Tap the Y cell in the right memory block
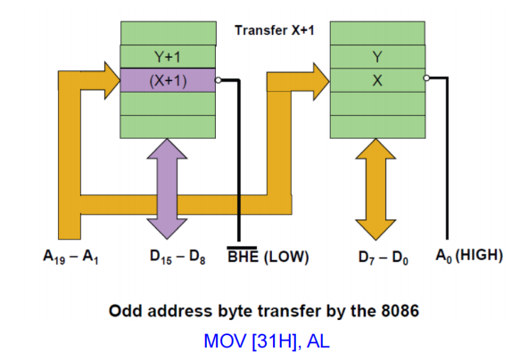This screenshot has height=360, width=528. pos(377,56)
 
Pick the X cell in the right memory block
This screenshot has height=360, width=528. pos(377,79)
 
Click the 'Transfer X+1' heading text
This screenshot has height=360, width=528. pos(274,30)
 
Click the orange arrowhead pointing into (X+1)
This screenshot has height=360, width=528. pos(107,80)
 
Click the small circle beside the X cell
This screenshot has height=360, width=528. pos(428,78)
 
